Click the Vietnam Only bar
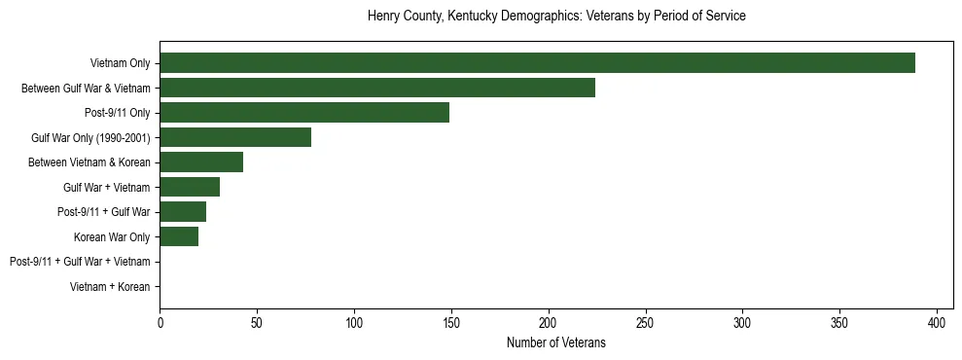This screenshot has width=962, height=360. coord(537,63)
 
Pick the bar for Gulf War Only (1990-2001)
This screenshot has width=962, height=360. coord(235,137)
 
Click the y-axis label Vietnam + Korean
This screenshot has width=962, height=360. coord(110,287)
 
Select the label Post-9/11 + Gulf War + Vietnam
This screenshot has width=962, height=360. coord(80,262)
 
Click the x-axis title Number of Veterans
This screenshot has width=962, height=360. coord(555,342)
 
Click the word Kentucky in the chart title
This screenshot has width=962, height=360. coord(462,17)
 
